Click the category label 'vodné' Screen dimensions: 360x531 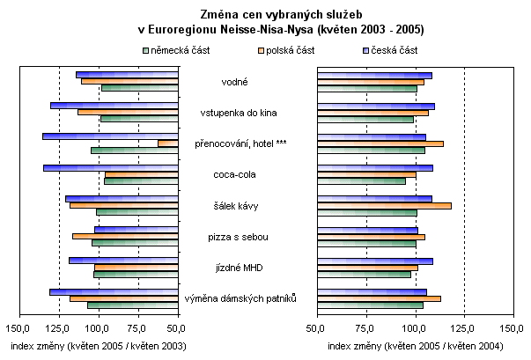pos(234,82)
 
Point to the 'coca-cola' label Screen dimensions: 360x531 pos(234,174)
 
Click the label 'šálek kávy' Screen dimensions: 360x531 pos(234,206)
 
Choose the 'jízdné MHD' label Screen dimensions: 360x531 pos(234,268)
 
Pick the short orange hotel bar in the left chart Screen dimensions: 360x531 pos(168,143)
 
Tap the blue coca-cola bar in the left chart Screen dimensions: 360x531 pos(111,167)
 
